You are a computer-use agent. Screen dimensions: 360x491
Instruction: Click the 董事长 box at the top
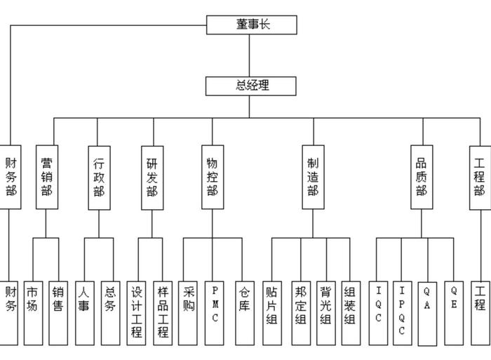click(252, 25)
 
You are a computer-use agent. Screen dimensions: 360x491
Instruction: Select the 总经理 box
click(252, 86)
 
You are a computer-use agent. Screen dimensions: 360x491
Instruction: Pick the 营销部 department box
click(46, 176)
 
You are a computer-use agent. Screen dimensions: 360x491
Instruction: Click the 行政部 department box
click(99, 176)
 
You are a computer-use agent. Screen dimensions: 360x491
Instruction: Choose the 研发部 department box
click(152, 176)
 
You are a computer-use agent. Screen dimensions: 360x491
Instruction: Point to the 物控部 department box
click(213, 176)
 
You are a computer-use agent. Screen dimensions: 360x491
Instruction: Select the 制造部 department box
click(313, 176)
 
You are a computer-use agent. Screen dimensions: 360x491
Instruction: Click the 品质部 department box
click(421, 176)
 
